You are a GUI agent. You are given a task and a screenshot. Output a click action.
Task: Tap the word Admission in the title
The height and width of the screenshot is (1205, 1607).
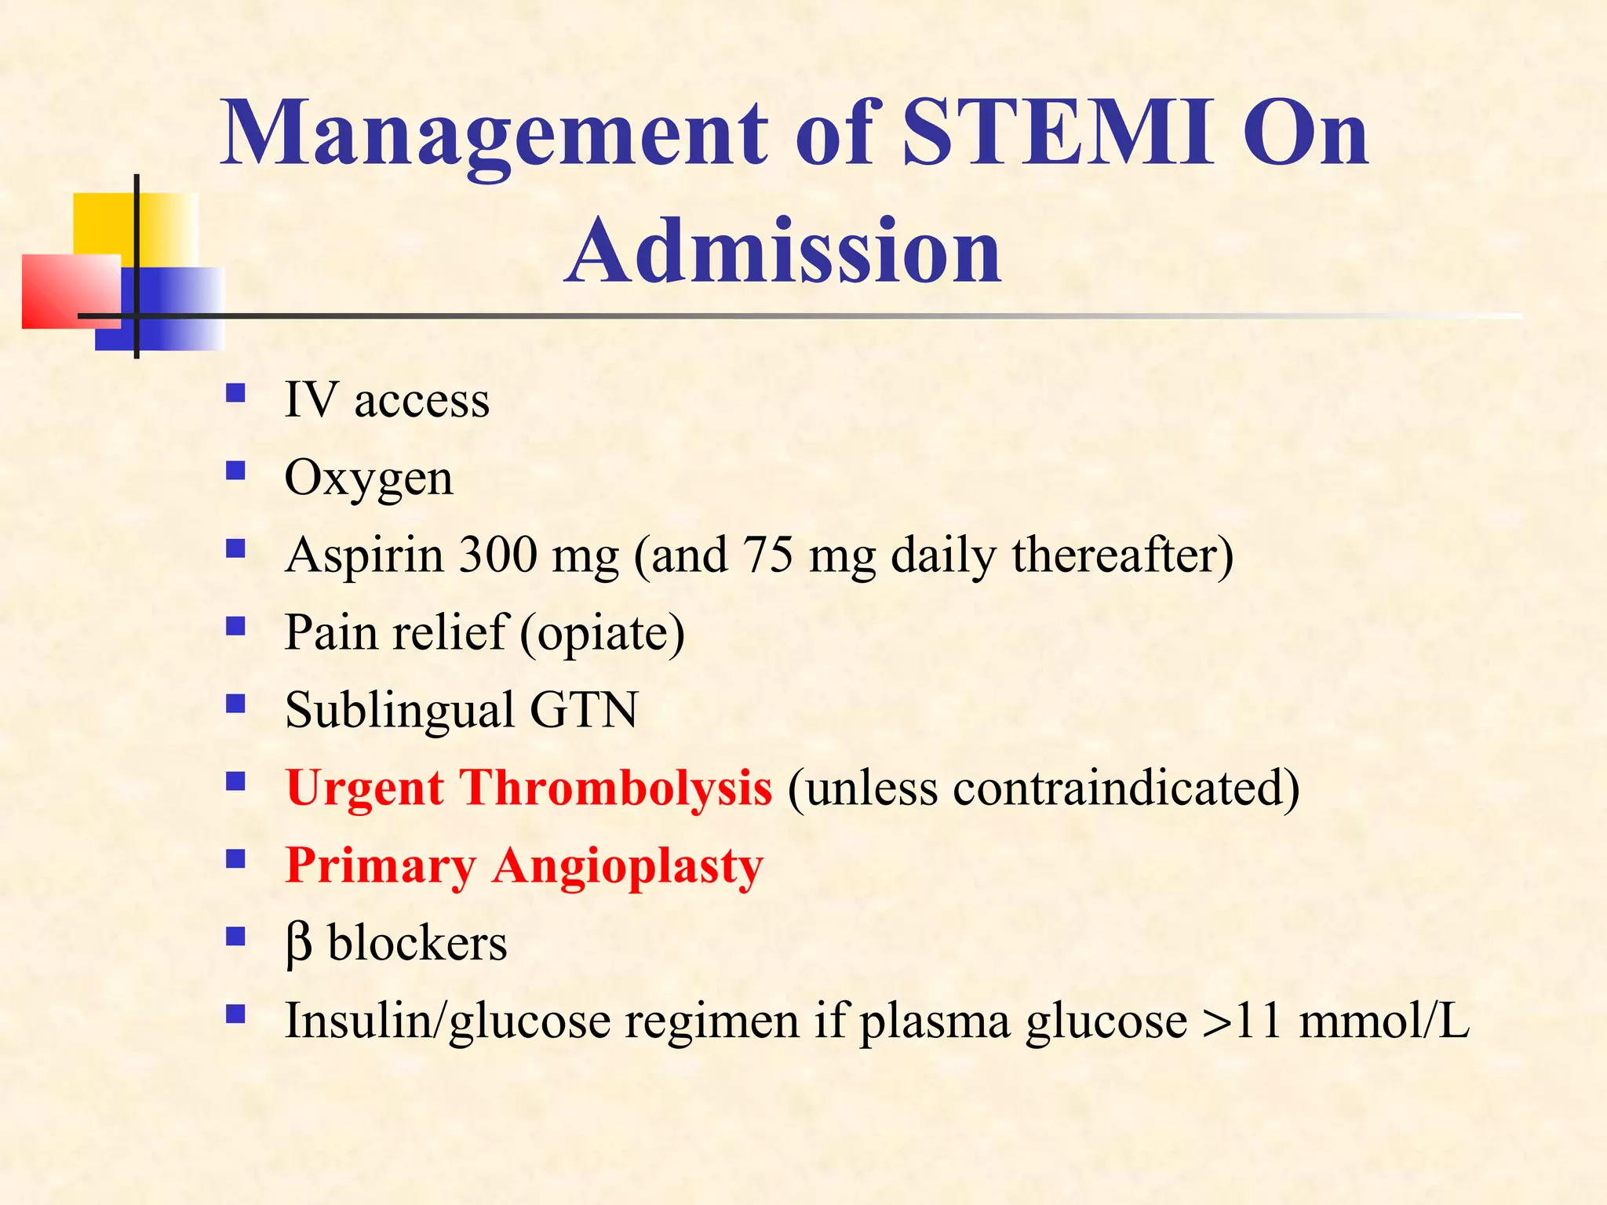pos(783,251)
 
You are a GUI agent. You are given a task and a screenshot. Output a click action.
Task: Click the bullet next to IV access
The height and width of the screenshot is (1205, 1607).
pos(235,392)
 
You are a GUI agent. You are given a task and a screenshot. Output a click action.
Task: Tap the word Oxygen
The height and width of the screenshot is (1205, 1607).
pos(369,478)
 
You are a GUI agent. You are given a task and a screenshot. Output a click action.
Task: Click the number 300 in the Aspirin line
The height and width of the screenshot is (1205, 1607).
pos(498,555)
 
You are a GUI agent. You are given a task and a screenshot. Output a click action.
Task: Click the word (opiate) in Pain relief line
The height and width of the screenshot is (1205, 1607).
pos(602,632)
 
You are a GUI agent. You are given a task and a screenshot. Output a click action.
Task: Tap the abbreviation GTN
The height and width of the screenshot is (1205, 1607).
pos(584,710)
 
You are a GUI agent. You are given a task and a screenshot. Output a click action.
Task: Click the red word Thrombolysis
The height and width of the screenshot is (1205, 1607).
pos(615,787)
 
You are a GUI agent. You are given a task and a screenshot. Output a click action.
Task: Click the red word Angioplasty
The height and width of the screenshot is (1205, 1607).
pos(628,865)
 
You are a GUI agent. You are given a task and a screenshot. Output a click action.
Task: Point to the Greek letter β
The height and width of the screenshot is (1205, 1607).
pos(298,944)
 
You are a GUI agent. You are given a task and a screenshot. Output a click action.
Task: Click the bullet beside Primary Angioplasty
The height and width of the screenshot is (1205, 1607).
pos(235,859)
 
